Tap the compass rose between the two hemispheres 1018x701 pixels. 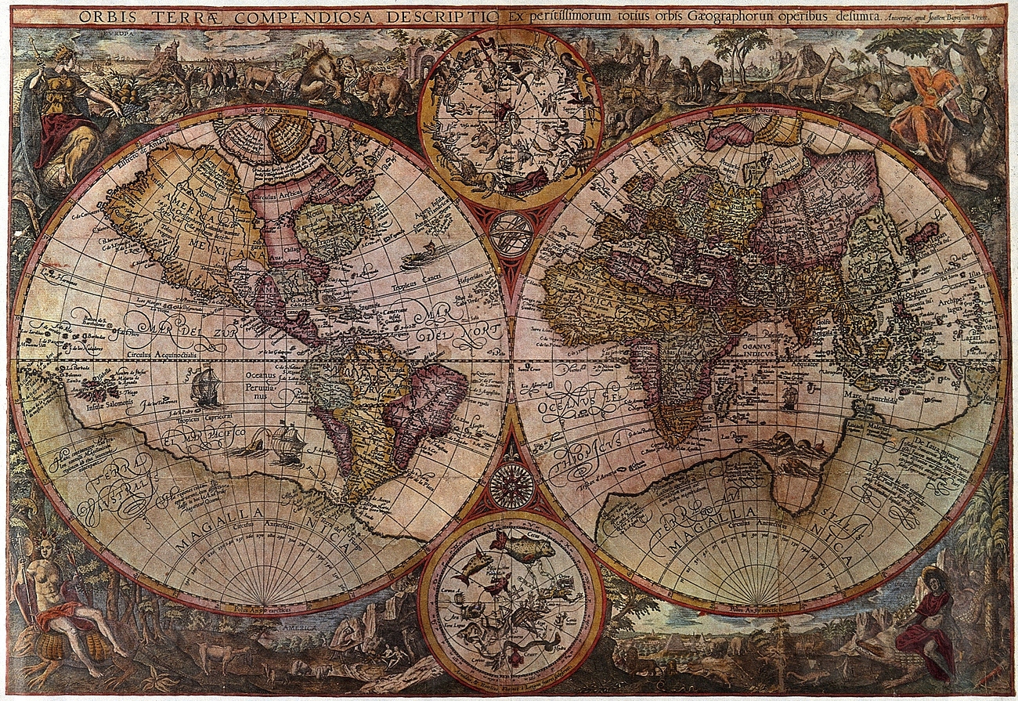(x=511, y=486)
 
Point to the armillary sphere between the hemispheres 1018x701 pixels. (x=511, y=234)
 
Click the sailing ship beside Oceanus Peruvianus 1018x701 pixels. (x=205, y=387)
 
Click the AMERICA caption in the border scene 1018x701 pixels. (x=302, y=629)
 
